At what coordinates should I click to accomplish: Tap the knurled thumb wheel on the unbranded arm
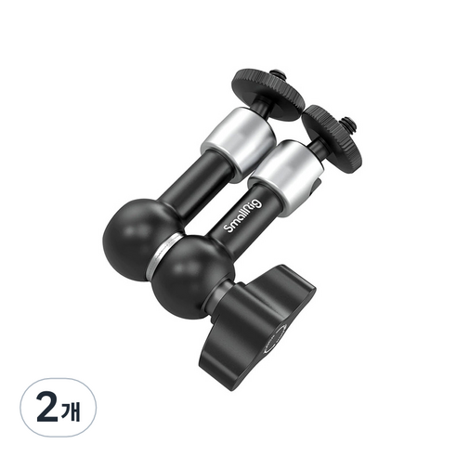(x=268, y=94)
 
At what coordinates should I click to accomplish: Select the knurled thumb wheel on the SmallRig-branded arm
(x=332, y=137)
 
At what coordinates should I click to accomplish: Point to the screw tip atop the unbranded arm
(x=275, y=75)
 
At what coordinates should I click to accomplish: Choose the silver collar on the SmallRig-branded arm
(x=286, y=177)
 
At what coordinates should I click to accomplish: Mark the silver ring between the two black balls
(x=163, y=255)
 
